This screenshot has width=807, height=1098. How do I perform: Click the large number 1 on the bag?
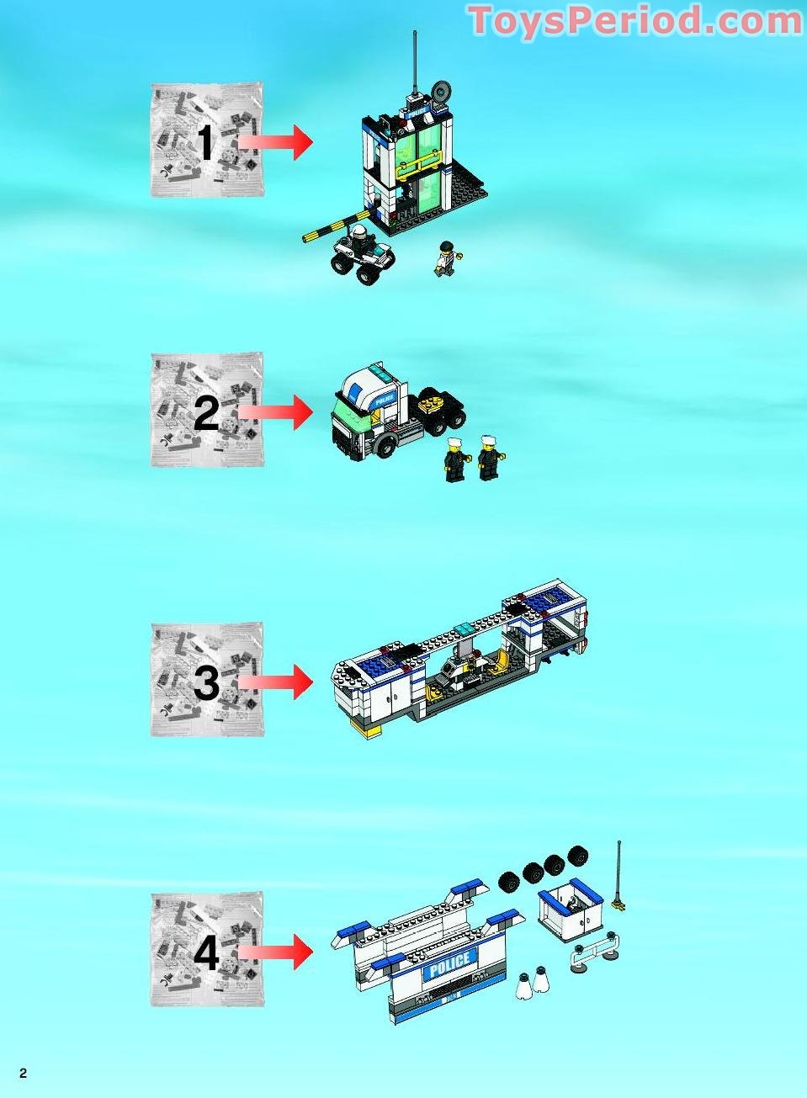click(204, 142)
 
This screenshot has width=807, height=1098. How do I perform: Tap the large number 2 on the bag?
click(206, 412)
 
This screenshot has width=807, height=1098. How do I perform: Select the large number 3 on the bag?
click(206, 682)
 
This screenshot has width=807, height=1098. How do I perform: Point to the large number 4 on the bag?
click(206, 952)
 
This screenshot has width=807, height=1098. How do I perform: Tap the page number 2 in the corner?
click(24, 1073)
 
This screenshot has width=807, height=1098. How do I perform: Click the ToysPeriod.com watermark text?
click(634, 20)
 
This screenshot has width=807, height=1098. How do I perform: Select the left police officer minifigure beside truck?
click(455, 460)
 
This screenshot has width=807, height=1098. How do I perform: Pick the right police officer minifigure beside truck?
click(488, 458)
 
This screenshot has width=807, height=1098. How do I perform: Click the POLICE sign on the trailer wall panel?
click(449, 965)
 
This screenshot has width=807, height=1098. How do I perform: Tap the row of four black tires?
click(544, 868)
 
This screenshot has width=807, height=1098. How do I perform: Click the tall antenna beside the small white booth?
click(620, 875)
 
